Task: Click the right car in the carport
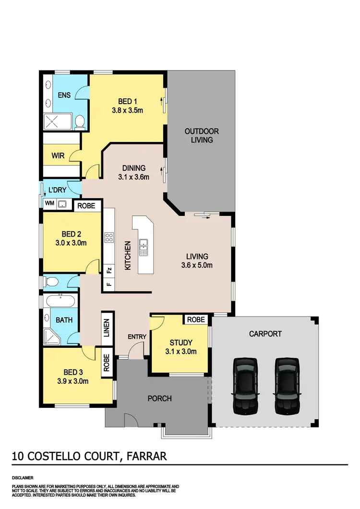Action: coord(288,386)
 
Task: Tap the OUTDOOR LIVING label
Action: coord(202,135)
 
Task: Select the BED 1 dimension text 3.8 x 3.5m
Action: coord(128,110)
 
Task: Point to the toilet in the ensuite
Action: coord(81,122)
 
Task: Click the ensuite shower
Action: coord(57,122)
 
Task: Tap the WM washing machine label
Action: coord(49,204)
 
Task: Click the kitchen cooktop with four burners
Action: coord(108,238)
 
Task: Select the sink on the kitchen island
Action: coord(144,247)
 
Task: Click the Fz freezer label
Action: coord(109,270)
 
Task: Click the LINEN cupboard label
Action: coord(107,328)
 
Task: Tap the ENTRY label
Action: coord(137,337)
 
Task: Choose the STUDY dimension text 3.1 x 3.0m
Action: coord(180,351)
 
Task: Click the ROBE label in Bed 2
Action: coord(87,205)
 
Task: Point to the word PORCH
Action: coord(159,398)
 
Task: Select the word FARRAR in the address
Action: coord(146,456)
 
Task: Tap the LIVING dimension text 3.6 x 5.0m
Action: coord(196,265)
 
